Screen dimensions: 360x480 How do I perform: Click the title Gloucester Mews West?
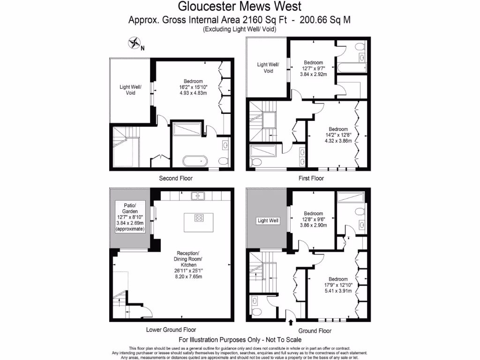(x=240, y=7)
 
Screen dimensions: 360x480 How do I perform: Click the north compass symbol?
(x=135, y=44)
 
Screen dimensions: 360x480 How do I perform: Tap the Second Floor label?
(x=176, y=178)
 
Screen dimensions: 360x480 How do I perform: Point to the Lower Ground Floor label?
(x=171, y=330)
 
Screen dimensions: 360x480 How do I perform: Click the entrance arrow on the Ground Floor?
(x=291, y=322)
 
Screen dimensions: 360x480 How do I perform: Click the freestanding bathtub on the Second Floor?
(x=195, y=161)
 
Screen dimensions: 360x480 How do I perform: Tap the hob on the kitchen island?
(x=199, y=217)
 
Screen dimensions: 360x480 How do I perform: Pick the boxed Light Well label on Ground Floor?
(x=268, y=220)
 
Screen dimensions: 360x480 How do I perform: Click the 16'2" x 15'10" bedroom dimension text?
(x=193, y=87)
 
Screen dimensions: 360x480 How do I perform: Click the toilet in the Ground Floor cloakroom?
(x=256, y=311)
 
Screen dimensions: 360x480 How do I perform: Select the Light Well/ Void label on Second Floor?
(x=130, y=90)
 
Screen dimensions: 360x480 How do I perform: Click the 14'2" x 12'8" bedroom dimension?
(x=338, y=135)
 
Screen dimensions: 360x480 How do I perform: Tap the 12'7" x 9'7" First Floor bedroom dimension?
(x=313, y=68)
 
